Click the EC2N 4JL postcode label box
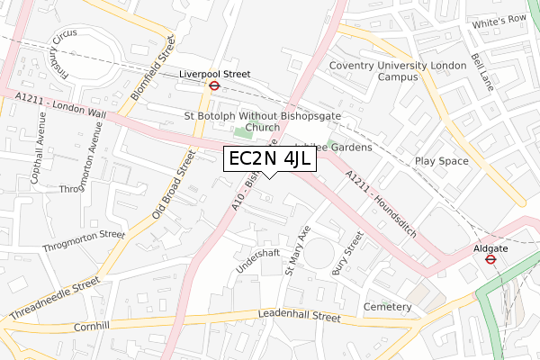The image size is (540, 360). click(270, 159)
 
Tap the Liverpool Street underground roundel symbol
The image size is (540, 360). click(215, 86)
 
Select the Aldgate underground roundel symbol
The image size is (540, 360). click(490, 258)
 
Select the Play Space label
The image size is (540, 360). click(441, 161)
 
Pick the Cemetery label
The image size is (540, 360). click(387, 308)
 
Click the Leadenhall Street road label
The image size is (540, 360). click(286, 317)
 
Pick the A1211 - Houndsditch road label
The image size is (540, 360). click(381, 202)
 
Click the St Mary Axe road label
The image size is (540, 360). click(297, 249)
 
